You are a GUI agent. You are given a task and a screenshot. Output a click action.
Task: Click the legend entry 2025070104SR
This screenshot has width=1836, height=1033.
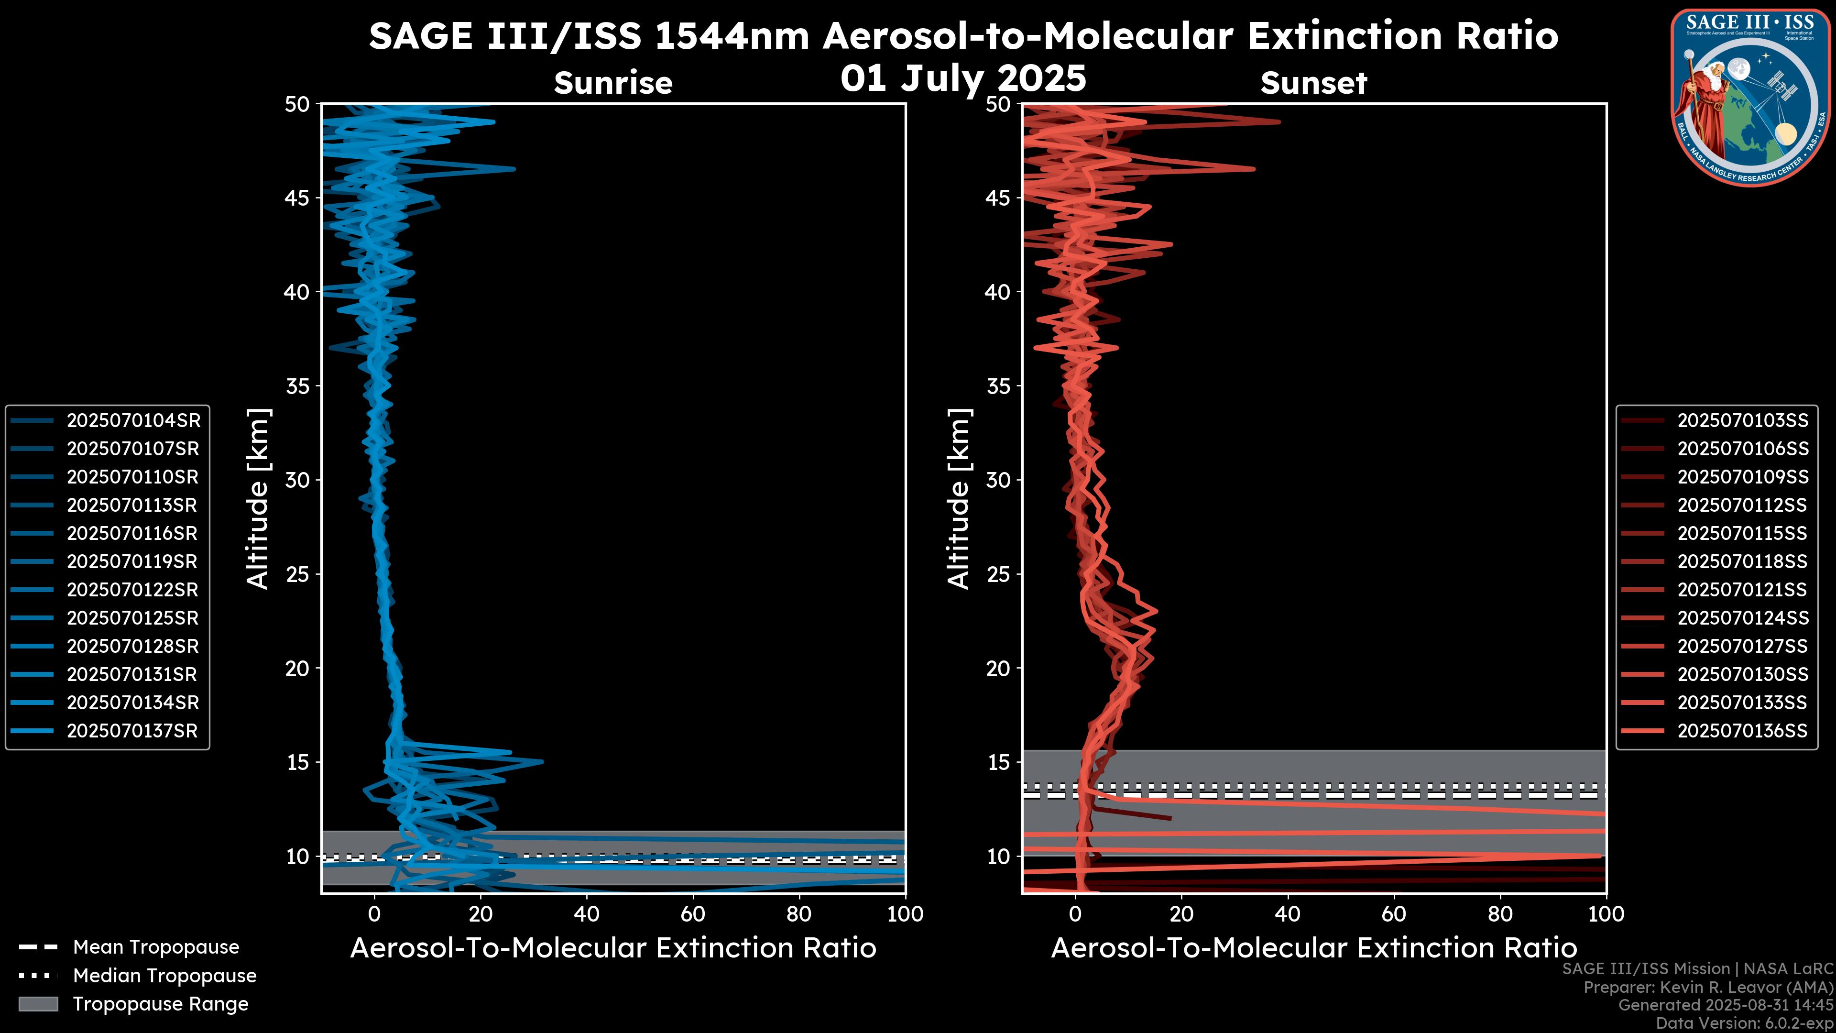coord(133,421)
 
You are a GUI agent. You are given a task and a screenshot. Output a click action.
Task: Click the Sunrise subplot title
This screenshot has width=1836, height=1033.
coord(613,83)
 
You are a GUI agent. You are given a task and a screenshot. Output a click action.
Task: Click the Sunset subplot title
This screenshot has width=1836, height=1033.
coord(1313,83)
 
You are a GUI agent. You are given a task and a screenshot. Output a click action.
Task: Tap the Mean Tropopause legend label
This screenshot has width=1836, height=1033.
coord(156,947)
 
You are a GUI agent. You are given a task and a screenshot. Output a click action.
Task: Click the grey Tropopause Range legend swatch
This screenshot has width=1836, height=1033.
coord(38,1004)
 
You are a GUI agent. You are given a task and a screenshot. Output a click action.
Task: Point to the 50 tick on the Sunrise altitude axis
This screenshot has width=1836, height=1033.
coord(298,105)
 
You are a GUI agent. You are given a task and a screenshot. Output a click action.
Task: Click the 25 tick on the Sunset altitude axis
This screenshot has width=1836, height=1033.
coord(998,574)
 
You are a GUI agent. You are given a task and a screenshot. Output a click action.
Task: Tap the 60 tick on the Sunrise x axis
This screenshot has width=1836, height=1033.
coord(693,914)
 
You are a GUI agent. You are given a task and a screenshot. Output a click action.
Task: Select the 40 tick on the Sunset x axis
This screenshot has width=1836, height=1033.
coord(1287,914)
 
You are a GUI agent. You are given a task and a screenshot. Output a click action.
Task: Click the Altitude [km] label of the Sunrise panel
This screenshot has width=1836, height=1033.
coord(258,498)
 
